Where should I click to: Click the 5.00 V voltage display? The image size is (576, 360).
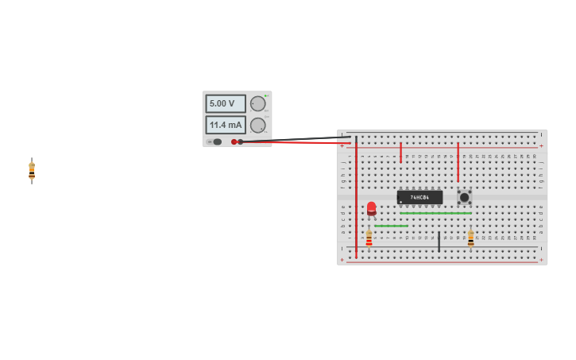click(226, 103)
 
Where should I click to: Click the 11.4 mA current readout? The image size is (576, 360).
click(226, 125)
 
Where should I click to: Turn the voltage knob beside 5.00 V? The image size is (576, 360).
click(257, 103)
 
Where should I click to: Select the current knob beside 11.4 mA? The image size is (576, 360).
click(257, 125)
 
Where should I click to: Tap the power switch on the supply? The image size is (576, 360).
click(215, 141)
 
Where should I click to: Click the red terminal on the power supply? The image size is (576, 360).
click(234, 141)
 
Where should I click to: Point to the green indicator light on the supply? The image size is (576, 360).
click(265, 96)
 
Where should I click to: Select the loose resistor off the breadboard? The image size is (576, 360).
click(32, 170)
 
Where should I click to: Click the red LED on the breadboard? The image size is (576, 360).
click(371, 208)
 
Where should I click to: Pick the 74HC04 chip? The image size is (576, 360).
click(419, 197)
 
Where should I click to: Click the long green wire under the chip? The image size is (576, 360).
click(435, 213)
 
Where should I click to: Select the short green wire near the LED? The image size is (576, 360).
click(391, 226)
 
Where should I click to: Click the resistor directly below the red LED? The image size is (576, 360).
click(369, 238)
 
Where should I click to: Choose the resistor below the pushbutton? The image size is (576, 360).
click(470, 238)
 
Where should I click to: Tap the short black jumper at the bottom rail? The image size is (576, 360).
click(439, 242)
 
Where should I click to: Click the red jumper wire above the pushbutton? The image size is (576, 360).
click(458, 162)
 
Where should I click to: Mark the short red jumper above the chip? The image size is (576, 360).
click(400, 153)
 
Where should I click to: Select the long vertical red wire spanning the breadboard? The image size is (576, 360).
click(356, 199)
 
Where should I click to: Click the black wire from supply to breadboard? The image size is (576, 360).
click(294, 139)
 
